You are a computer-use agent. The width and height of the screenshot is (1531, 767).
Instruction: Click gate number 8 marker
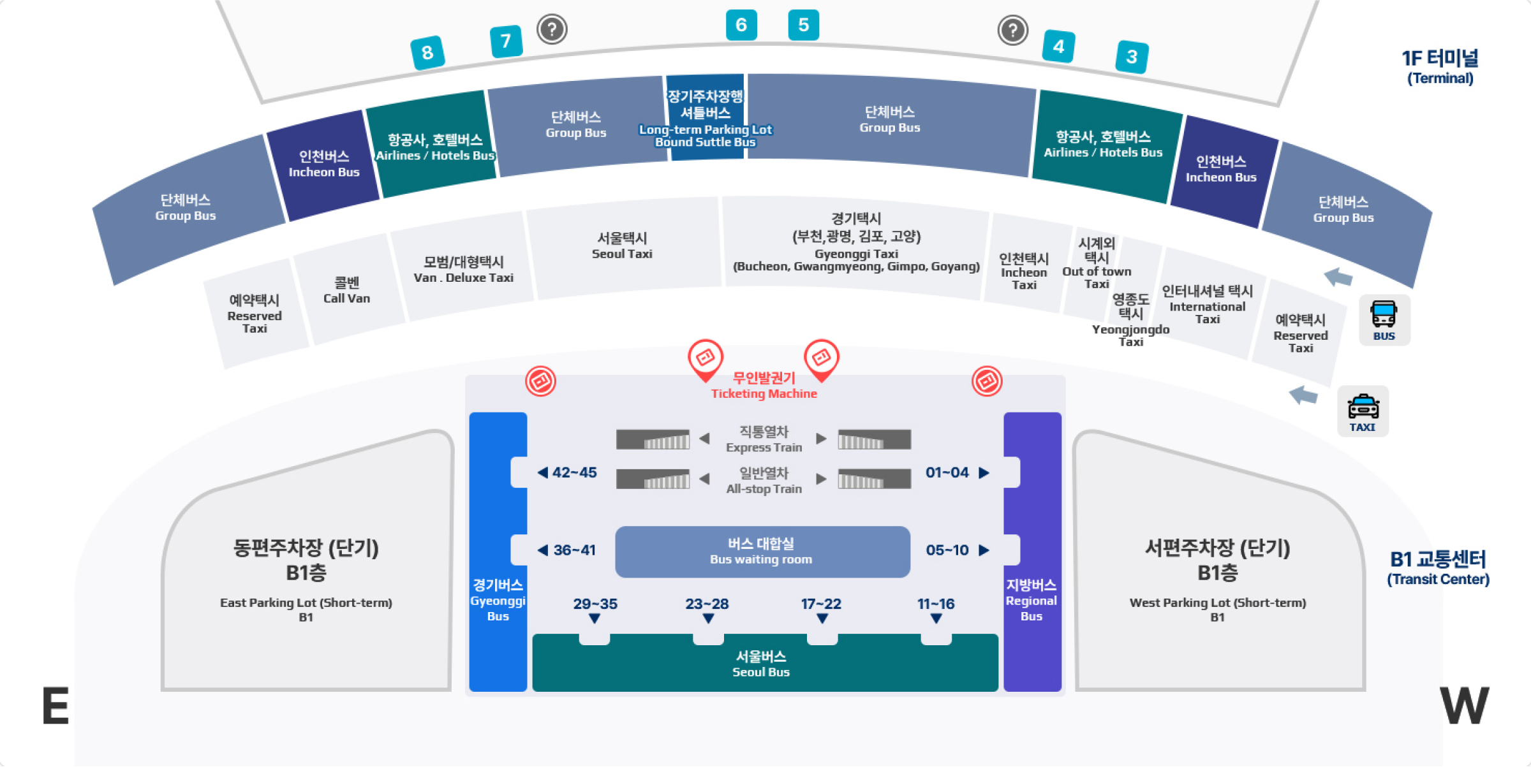coord(427,52)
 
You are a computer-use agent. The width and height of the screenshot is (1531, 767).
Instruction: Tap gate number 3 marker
coord(1132,57)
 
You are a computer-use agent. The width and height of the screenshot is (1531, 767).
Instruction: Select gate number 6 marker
coord(741,25)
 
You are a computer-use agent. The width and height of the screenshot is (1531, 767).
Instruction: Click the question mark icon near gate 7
coord(552,29)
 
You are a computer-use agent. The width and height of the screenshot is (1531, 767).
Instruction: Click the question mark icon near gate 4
coord(1012,30)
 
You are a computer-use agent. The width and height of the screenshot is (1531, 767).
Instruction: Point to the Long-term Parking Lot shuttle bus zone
coord(705,119)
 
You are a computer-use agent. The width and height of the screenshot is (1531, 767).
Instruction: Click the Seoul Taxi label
coord(622,246)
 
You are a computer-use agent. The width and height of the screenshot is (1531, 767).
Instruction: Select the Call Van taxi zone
coord(346,290)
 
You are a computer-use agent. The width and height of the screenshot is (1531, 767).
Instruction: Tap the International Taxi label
coord(1207,305)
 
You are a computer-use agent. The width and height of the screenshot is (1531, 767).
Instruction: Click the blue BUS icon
coord(1384,319)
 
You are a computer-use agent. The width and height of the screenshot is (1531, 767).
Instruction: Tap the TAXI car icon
coord(1363,411)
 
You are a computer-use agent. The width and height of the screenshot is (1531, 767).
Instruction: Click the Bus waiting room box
coord(762,552)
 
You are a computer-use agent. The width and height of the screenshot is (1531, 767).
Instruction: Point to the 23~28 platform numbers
coord(707,604)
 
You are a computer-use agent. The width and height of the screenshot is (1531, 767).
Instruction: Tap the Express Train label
coord(764,439)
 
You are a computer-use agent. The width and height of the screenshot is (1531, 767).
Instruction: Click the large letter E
coord(55,706)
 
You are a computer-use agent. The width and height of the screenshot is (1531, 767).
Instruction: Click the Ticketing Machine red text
coord(764,386)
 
